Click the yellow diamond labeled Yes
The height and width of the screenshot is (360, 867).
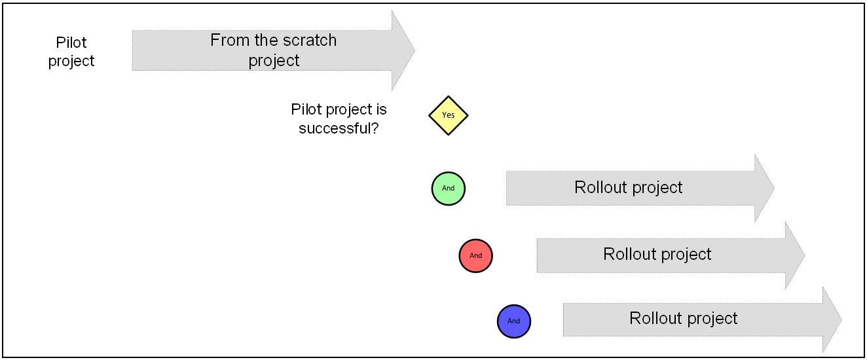pos(448,115)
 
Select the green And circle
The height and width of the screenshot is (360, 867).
pos(448,189)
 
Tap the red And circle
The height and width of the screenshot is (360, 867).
pos(475,255)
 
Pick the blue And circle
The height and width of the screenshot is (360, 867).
pos(513,321)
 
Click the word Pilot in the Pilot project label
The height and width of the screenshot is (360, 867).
pos(71,43)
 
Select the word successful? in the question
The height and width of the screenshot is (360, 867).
pos(339,128)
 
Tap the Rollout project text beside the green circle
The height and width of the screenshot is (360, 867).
pos(628,188)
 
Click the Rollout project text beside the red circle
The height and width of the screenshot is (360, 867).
pos(657,255)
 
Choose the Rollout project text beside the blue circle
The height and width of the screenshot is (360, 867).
pos(684,319)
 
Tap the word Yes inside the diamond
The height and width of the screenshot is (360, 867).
pos(448,115)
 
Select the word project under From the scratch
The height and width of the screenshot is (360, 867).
pos(274,61)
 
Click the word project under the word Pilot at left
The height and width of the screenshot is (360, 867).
pos(71,61)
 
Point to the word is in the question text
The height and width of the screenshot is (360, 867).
pos(381,109)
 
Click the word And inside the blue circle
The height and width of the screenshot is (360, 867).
pos(513,321)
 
